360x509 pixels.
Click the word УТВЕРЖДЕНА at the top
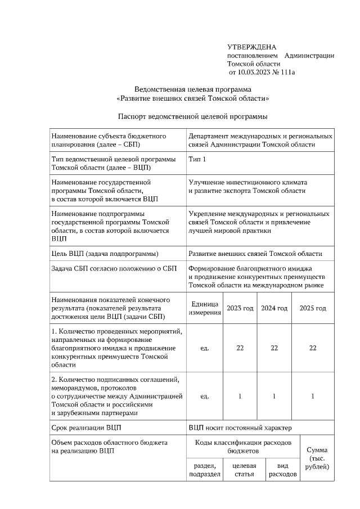251,47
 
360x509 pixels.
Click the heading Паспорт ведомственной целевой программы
192,116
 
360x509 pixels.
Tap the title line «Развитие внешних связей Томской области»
192,98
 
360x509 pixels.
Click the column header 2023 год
240,308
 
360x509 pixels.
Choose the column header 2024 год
274,308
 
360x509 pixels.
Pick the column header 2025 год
313,308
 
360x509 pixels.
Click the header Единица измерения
205,308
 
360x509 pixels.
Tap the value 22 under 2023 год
240,348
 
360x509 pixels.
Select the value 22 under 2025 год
313,348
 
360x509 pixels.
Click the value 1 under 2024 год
274,397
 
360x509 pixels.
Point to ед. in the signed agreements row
205,397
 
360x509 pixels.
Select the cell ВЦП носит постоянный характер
240,429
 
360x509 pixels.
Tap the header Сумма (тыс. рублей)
317,458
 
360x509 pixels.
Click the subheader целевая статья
240,470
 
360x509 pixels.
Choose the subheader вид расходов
283,470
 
